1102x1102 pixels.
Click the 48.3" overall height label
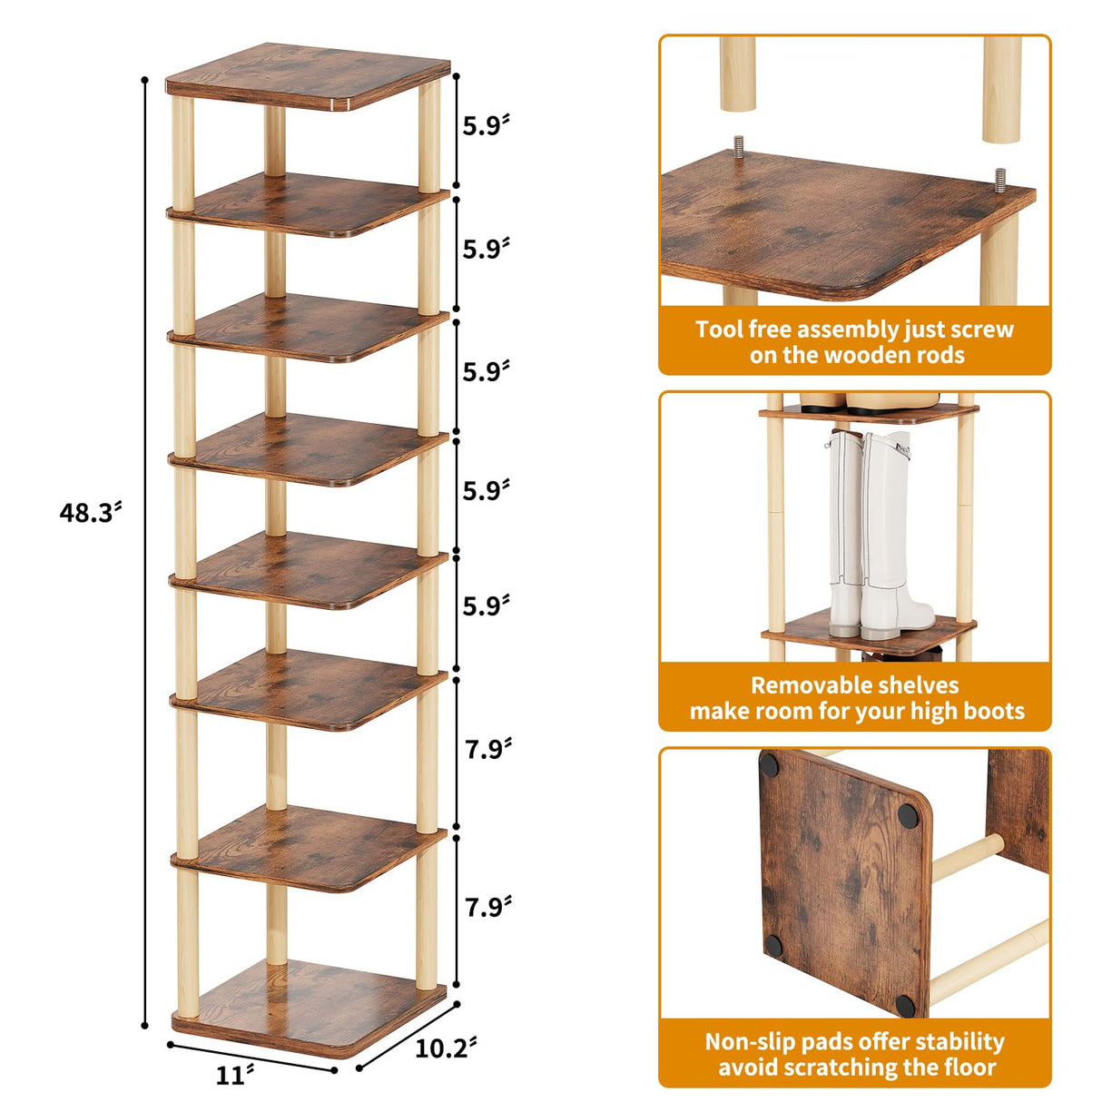(x=89, y=513)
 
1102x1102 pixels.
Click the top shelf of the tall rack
(x=309, y=76)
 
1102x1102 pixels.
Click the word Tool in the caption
(x=720, y=330)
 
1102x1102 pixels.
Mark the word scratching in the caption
(x=847, y=1068)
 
